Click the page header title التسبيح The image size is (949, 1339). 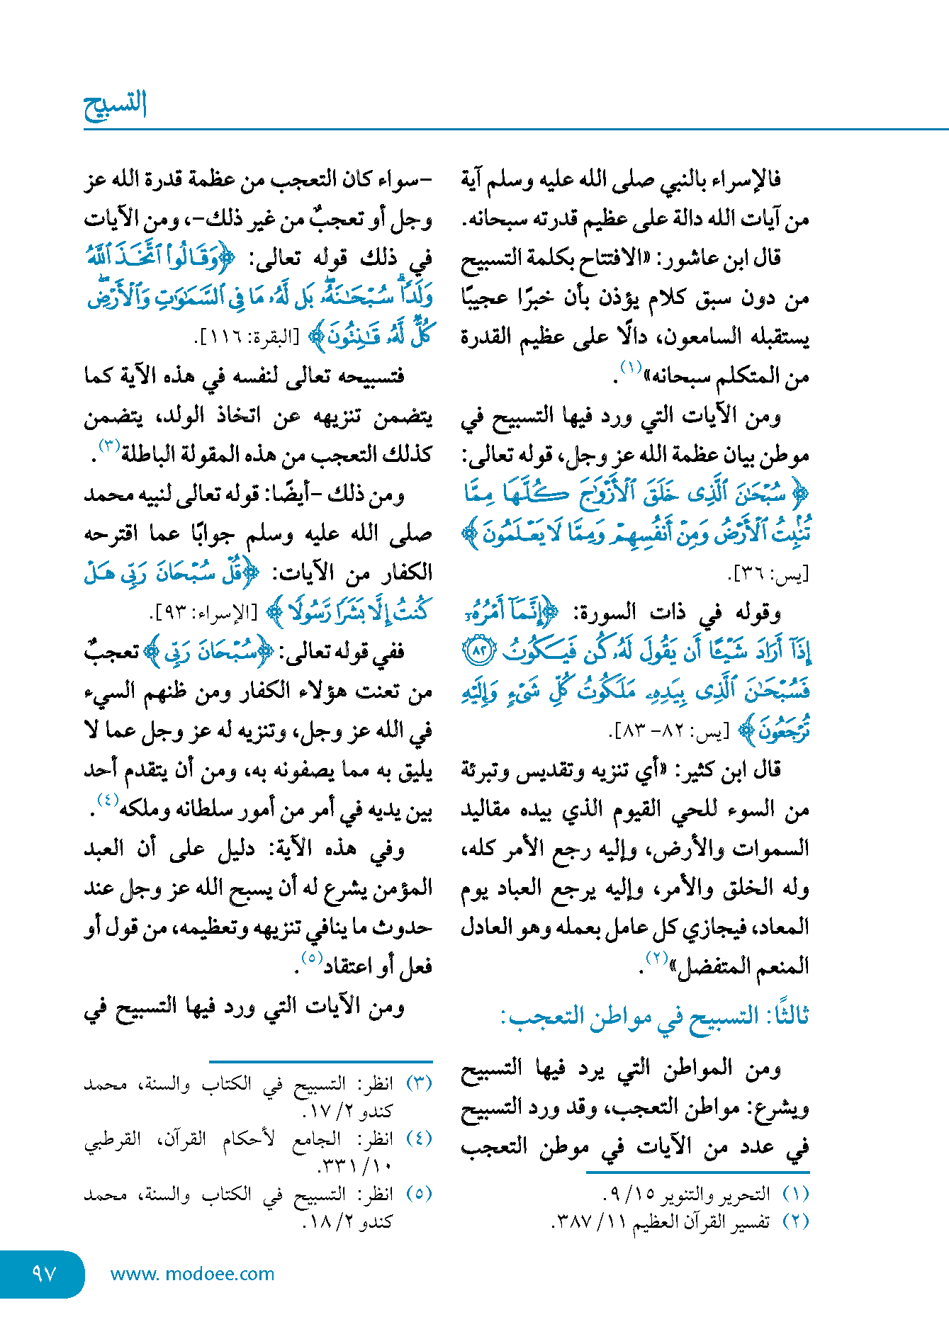[x=116, y=106]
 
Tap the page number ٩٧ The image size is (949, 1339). [x=44, y=1273]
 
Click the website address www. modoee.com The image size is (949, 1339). [x=192, y=1274]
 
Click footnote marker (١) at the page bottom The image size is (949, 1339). [x=796, y=1194]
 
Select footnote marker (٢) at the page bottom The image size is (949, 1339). [x=796, y=1221]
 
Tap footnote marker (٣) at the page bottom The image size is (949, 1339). [x=420, y=1083]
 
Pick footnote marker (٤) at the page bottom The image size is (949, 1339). [x=420, y=1139]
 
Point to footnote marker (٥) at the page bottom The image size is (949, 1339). [x=420, y=1194]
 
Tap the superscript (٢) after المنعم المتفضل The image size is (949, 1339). [x=657, y=959]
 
